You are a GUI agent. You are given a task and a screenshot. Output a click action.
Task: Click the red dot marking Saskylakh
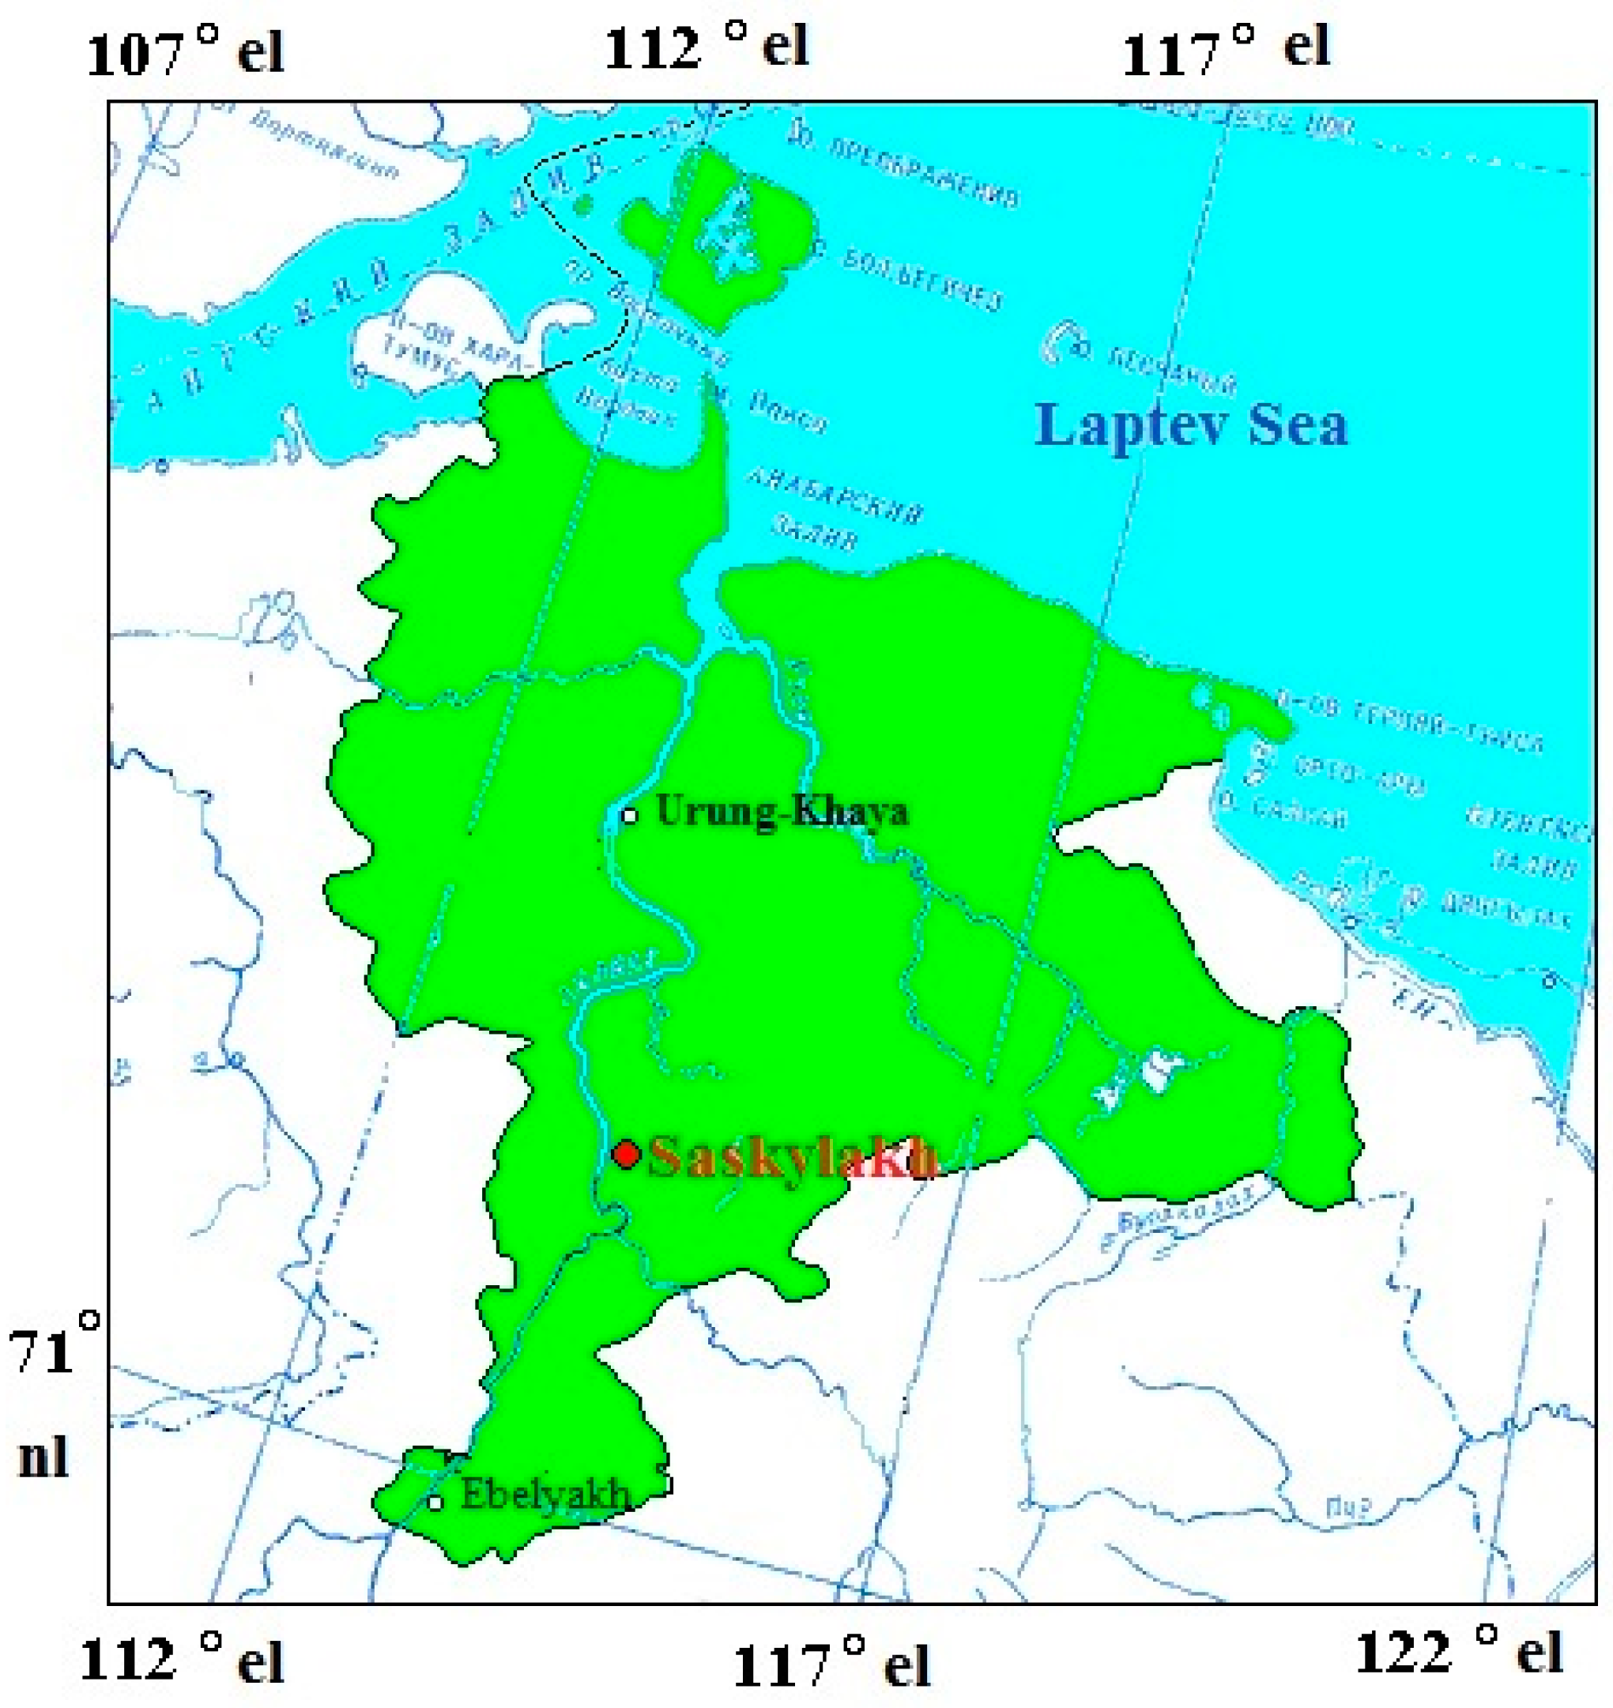626,1154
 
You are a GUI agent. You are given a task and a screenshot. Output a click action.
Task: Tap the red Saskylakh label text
791,1157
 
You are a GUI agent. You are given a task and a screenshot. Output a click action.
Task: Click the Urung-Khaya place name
781,811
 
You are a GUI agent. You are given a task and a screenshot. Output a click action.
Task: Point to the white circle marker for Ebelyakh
435,1503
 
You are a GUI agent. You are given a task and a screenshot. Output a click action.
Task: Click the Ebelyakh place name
545,1495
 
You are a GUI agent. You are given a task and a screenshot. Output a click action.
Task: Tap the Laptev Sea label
1191,425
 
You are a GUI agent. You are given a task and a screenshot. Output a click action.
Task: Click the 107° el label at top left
184,53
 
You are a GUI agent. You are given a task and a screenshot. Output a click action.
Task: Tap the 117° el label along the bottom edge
831,1662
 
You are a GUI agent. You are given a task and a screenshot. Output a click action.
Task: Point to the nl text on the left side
43,1457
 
